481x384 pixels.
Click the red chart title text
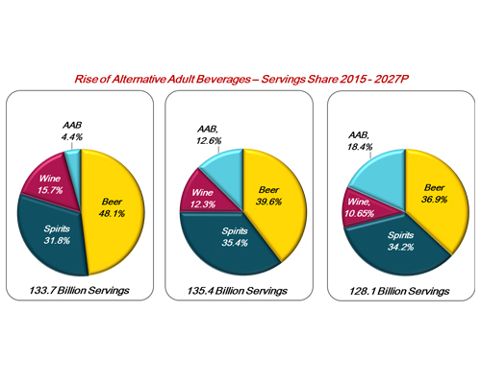pyautogui.click(x=241, y=79)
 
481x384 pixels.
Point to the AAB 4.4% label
pyautogui.click(x=72, y=131)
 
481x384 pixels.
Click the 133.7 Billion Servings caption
pyautogui.click(x=79, y=291)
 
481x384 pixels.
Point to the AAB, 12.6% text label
pyautogui.click(x=209, y=134)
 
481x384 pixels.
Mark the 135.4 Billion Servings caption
pyautogui.click(x=238, y=291)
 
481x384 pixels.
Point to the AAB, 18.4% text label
pyautogui.click(x=360, y=141)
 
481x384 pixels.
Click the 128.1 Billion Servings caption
pyautogui.click(x=399, y=291)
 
